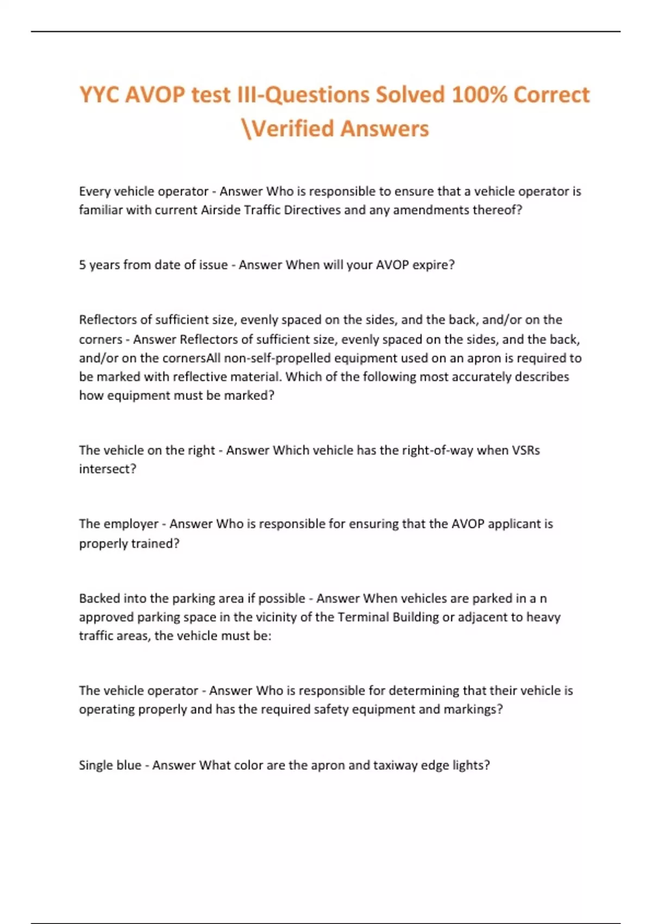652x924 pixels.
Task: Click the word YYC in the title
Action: click(99, 95)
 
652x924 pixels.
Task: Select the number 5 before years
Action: click(83, 265)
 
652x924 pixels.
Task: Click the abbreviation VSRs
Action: click(525, 451)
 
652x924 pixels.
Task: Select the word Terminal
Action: click(363, 617)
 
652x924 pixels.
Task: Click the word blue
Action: click(129, 765)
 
